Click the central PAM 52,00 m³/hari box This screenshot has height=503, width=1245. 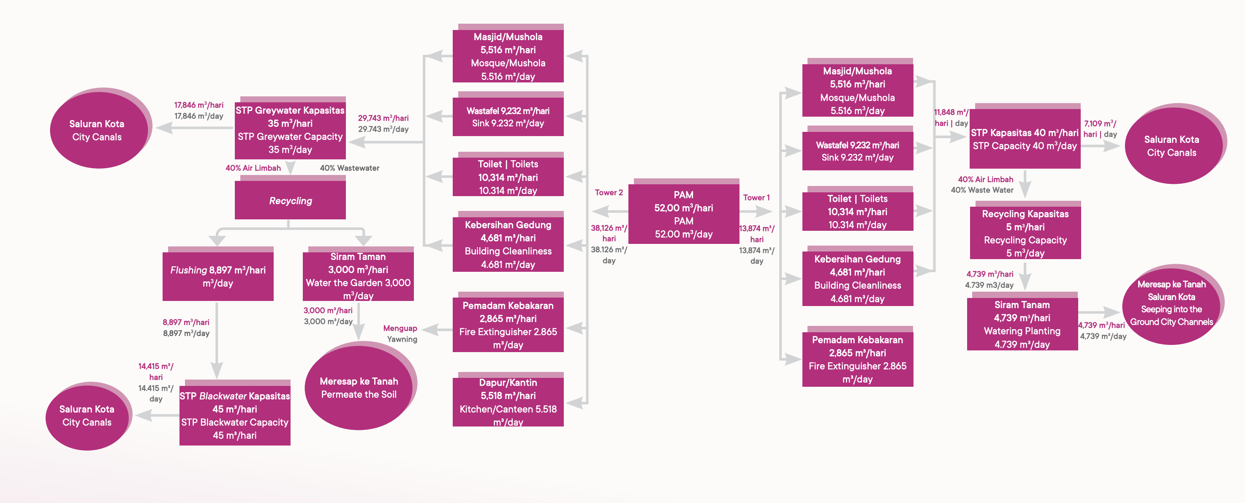pos(683,214)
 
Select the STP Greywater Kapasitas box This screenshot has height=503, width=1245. pos(290,130)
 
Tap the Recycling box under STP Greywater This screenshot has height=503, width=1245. pos(290,200)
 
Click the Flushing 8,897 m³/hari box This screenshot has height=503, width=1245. pos(217,276)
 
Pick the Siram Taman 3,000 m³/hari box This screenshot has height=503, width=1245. pos(358,276)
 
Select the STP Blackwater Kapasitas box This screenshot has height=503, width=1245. pos(234,415)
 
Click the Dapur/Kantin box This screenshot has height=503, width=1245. pos(508,402)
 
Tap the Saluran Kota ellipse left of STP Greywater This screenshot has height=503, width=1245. pos(97,130)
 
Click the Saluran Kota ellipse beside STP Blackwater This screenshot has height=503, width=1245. pos(87,416)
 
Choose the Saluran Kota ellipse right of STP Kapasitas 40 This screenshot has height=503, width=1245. pos(1172,145)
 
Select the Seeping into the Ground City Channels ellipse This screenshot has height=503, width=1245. pos(1172,303)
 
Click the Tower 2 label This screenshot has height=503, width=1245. pos(609,192)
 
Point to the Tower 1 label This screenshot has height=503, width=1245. pos(756,197)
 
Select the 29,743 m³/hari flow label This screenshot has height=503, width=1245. pos(383,118)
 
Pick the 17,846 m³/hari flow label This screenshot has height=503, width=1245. pos(198,105)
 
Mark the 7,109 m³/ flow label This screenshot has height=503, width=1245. pos(1100,124)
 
